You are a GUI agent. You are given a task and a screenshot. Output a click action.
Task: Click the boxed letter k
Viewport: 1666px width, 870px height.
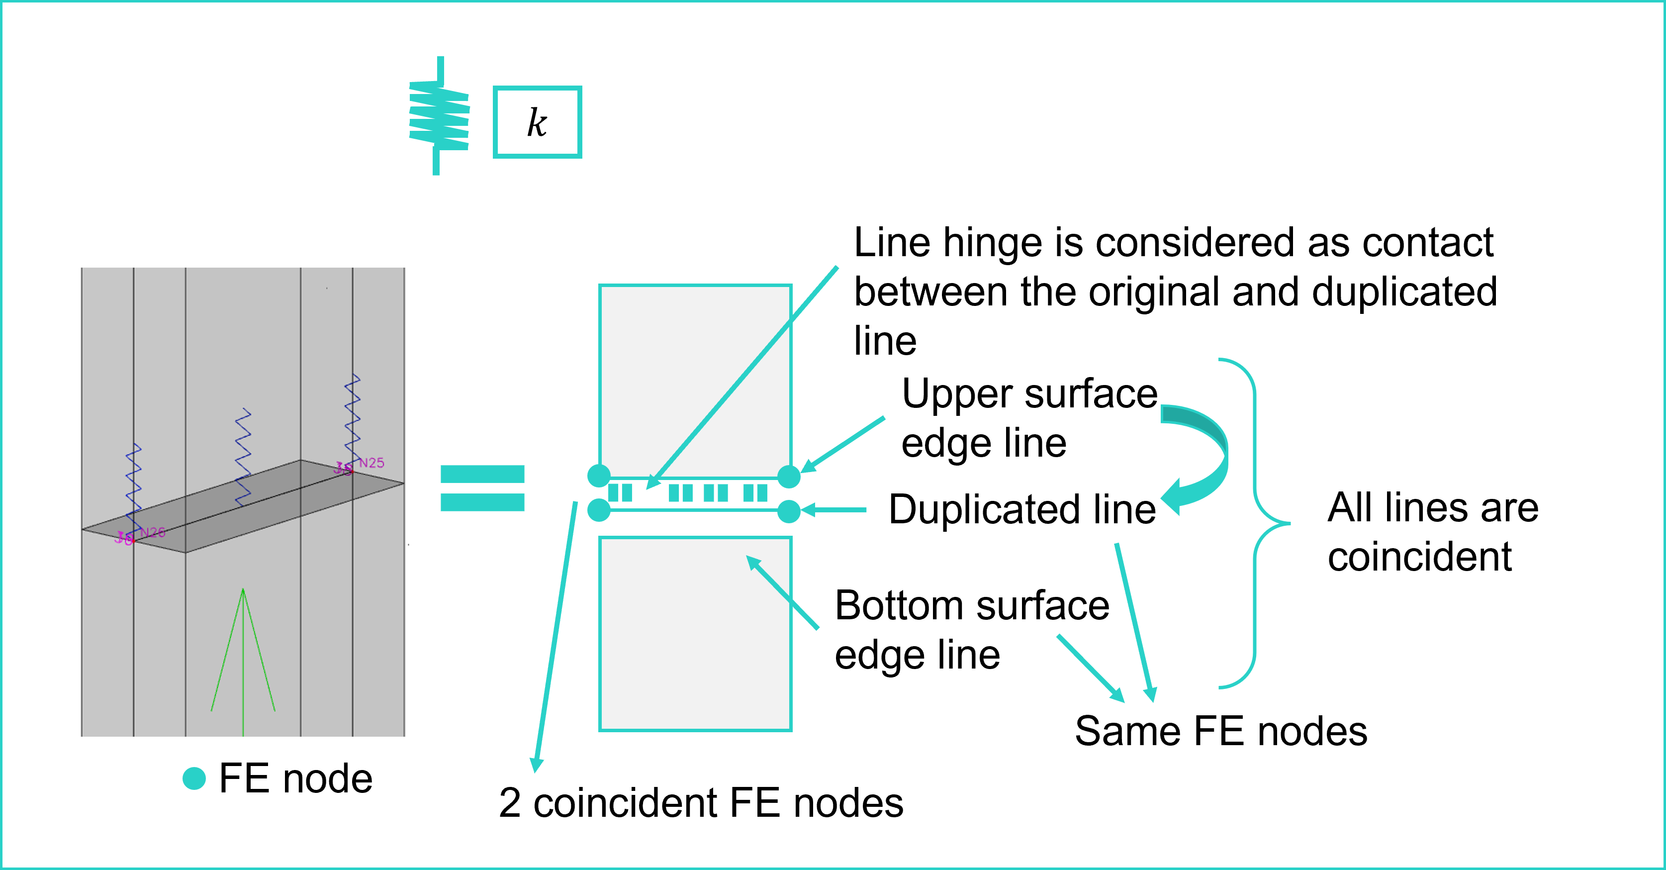point(537,122)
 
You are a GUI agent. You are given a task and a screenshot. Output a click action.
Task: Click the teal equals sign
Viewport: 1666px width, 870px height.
point(482,488)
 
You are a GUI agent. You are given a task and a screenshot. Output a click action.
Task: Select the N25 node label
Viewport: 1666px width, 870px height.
point(372,463)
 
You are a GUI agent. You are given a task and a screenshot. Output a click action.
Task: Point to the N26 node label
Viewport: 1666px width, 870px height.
point(153,532)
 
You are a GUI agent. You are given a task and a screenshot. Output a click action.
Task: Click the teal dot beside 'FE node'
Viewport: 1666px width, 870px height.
point(194,778)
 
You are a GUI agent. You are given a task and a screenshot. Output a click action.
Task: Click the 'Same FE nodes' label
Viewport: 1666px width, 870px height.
point(1221,732)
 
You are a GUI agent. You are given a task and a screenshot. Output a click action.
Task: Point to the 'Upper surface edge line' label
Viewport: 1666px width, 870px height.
point(1028,418)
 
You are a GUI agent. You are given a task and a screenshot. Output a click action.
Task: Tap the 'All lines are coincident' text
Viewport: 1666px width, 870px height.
point(1433,532)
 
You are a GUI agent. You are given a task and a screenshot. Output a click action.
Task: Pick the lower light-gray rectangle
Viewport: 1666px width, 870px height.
point(695,634)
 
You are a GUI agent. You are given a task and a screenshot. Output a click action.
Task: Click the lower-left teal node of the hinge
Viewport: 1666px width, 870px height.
point(599,510)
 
